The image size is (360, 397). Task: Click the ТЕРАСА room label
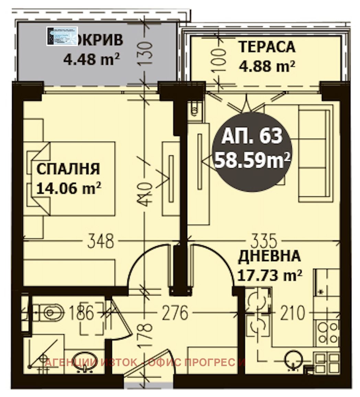(267, 47)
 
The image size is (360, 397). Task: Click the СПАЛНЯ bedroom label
(68, 169)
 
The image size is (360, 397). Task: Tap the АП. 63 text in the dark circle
(252, 136)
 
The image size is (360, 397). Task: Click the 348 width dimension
(100, 241)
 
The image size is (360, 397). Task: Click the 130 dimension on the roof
(146, 54)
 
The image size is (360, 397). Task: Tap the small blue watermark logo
(62, 36)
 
